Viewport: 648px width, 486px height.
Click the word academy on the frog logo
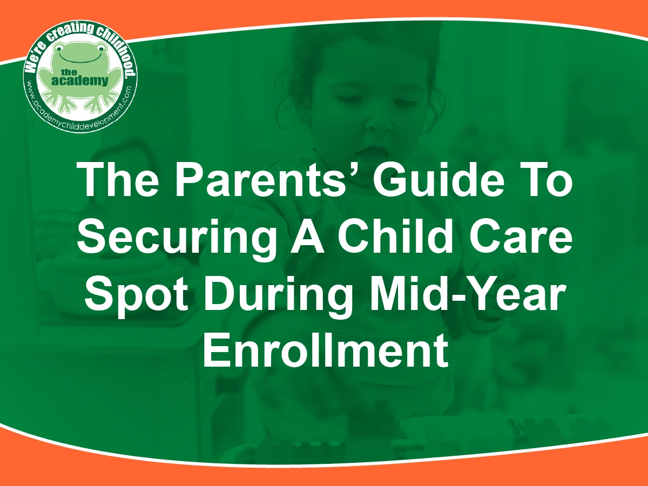tap(80, 81)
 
